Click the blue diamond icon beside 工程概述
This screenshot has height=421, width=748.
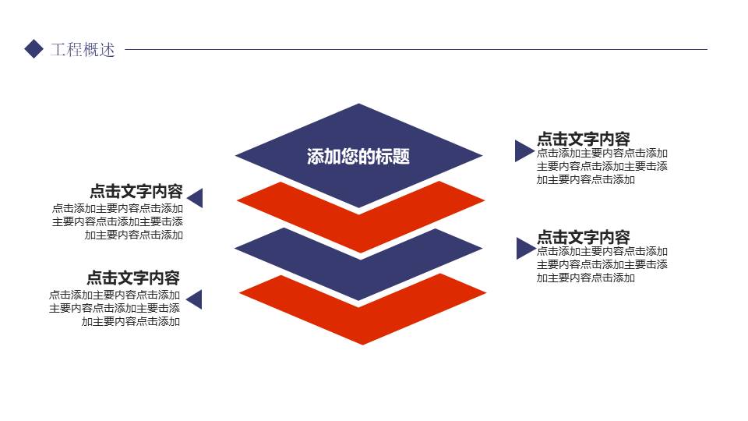pyautogui.click(x=34, y=49)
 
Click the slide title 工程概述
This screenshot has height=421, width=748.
pyautogui.click(x=83, y=50)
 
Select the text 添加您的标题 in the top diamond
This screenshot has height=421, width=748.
pyautogui.click(x=358, y=157)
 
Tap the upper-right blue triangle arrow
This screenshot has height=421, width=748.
pyautogui.click(x=522, y=150)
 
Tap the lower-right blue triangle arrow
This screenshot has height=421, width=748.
pyautogui.click(x=524, y=249)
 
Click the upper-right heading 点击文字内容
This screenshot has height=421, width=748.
pyautogui.click(x=583, y=139)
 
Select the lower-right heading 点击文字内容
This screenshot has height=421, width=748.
pyautogui.click(x=583, y=237)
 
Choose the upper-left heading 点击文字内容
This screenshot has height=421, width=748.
pyautogui.click(x=136, y=192)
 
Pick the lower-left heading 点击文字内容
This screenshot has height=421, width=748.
pyautogui.click(x=133, y=278)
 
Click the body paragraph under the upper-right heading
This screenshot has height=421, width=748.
pyautogui.click(x=602, y=166)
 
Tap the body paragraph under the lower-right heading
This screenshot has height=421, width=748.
pyautogui.click(x=602, y=264)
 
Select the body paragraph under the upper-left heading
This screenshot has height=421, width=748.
pyautogui.click(x=118, y=221)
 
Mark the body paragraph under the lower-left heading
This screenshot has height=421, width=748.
pyautogui.click(x=115, y=308)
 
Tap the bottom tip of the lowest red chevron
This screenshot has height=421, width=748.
pyautogui.click(x=362, y=341)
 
